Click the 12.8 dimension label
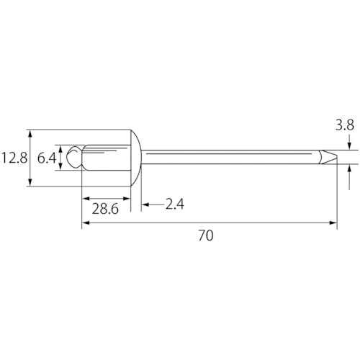[x=14, y=158]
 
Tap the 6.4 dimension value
[x=47, y=158]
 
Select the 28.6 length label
[x=105, y=209]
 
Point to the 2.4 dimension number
[x=175, y=204]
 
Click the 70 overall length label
[x=206, y=235]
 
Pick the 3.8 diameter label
[x=345, y=125]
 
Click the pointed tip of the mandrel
[x=337, y=157]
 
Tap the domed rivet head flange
[x=136, y=158]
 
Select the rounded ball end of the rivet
[x=74, y=157]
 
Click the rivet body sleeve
[x=106, y=158]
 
